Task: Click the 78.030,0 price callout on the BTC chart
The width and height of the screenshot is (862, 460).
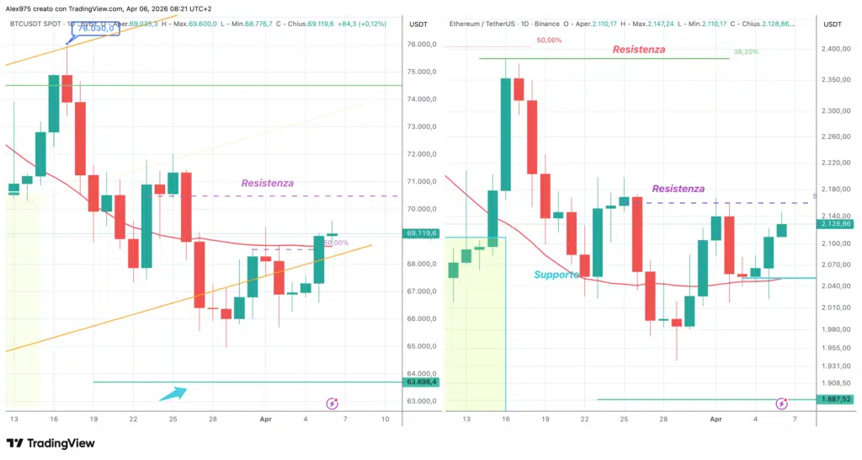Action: coord(94,29)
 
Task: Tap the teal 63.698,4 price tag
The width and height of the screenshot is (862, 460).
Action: coord(422,382)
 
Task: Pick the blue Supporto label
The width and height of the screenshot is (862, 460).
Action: coord(556,275)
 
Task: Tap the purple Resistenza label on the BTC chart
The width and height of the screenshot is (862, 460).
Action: coord(268,183)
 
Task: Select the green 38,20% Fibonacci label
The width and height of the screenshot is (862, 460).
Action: coord(746,51)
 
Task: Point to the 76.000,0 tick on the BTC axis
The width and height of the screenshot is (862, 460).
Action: coord(422,45)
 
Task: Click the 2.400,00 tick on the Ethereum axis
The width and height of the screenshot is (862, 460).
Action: coord(835,50)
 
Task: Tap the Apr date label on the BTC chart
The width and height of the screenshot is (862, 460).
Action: coord(266,419)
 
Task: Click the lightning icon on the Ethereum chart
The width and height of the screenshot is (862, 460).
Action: coord(782,404)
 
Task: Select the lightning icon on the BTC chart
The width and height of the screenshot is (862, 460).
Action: coord(332,404)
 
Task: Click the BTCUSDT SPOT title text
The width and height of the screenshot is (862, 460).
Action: coord(35,24)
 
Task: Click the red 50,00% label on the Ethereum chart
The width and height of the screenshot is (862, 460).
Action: coord(550,40)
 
